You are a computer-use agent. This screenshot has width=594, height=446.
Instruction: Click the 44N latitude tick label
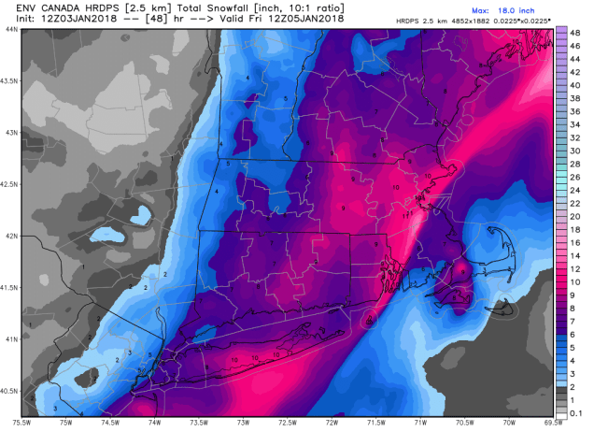10,30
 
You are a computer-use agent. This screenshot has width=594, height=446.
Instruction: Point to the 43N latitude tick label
10,133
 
